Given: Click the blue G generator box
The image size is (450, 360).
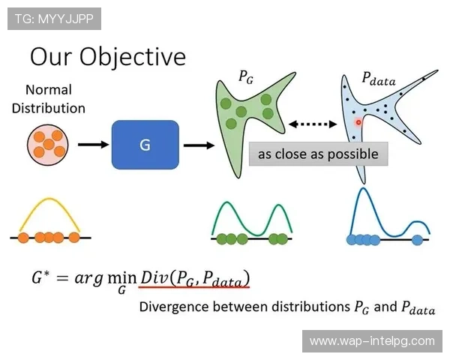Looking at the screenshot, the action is tap(145, 145).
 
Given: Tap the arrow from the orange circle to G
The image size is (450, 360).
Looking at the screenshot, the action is tap(93, 145).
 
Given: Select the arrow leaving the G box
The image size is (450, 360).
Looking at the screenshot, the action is tap(199, 145).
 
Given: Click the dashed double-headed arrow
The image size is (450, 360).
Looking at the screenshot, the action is tap(313, 124).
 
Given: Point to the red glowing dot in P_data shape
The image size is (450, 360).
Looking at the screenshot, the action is tap(358, 122).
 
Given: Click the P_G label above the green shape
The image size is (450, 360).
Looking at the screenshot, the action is tap(246, 77).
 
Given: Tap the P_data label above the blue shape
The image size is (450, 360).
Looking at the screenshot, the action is tap(379, 78).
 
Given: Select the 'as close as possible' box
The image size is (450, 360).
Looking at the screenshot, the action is tap(318, 154).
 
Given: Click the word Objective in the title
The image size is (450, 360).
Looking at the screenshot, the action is tap(133, 57).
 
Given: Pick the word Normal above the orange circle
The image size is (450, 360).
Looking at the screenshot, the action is tap(49, 89).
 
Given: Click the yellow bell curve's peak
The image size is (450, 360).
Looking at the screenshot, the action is tap(49, 198).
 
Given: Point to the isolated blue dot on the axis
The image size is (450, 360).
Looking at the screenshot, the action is tap(417, 240).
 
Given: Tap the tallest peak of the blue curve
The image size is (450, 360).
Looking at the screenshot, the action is tap(363, 188).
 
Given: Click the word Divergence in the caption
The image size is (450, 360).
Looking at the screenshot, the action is tap(174, 307).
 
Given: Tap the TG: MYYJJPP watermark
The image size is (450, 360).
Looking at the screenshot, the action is tap(54, 19).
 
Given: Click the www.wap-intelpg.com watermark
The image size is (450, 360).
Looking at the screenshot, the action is tap(372, 341).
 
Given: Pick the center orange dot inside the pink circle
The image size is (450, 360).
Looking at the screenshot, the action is tap(49, 144).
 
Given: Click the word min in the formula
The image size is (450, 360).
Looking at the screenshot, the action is tap(122, 277).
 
